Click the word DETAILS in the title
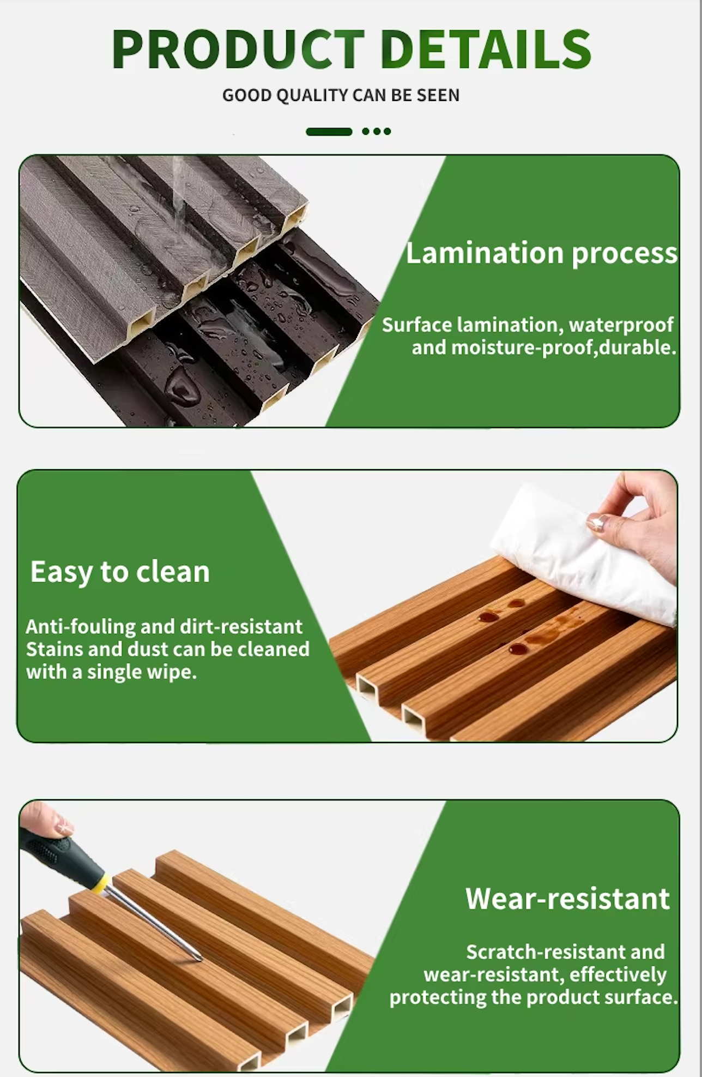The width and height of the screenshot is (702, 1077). pyautogui.click(x=486, y=49)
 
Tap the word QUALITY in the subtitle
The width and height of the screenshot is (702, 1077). pyautogui.click(x=309, y=95)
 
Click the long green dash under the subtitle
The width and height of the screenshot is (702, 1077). pyautogui.click(x=329, y=131)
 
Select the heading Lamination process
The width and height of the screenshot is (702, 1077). pyautogui.click(x=542, y=253)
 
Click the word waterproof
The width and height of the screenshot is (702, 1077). pyautogui.click(x=621, y=325)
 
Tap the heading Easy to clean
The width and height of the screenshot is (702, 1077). pyautogui.click(x=120, y=572)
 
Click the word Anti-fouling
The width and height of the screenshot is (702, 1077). pyautogui.click(x=81, y=626)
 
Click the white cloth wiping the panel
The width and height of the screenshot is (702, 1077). pyautogui.click(x=583, y=557)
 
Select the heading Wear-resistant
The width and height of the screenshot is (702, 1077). pyautogui.click(x=567, y=899)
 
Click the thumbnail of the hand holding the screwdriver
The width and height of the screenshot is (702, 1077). pyautogui.click(x=64, y=827)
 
